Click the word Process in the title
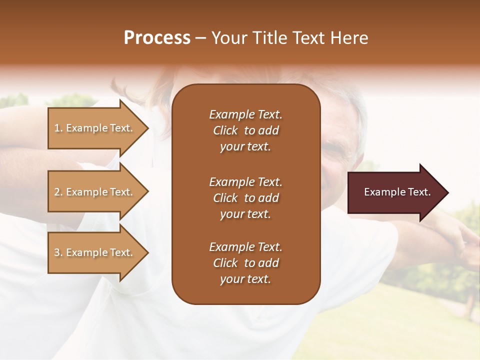[157, 38]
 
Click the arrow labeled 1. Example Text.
[95, 128]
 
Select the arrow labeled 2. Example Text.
[95, 192]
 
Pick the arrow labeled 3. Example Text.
[95, 252]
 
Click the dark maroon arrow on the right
[395, 192]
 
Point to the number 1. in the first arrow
[58, 128]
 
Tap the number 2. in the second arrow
[58, 192]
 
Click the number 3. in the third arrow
[58, 252]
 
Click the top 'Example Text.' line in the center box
[245, 114]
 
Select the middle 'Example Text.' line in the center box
[245, 182]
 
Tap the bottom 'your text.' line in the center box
[245, 279]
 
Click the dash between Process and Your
[201, 38]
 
